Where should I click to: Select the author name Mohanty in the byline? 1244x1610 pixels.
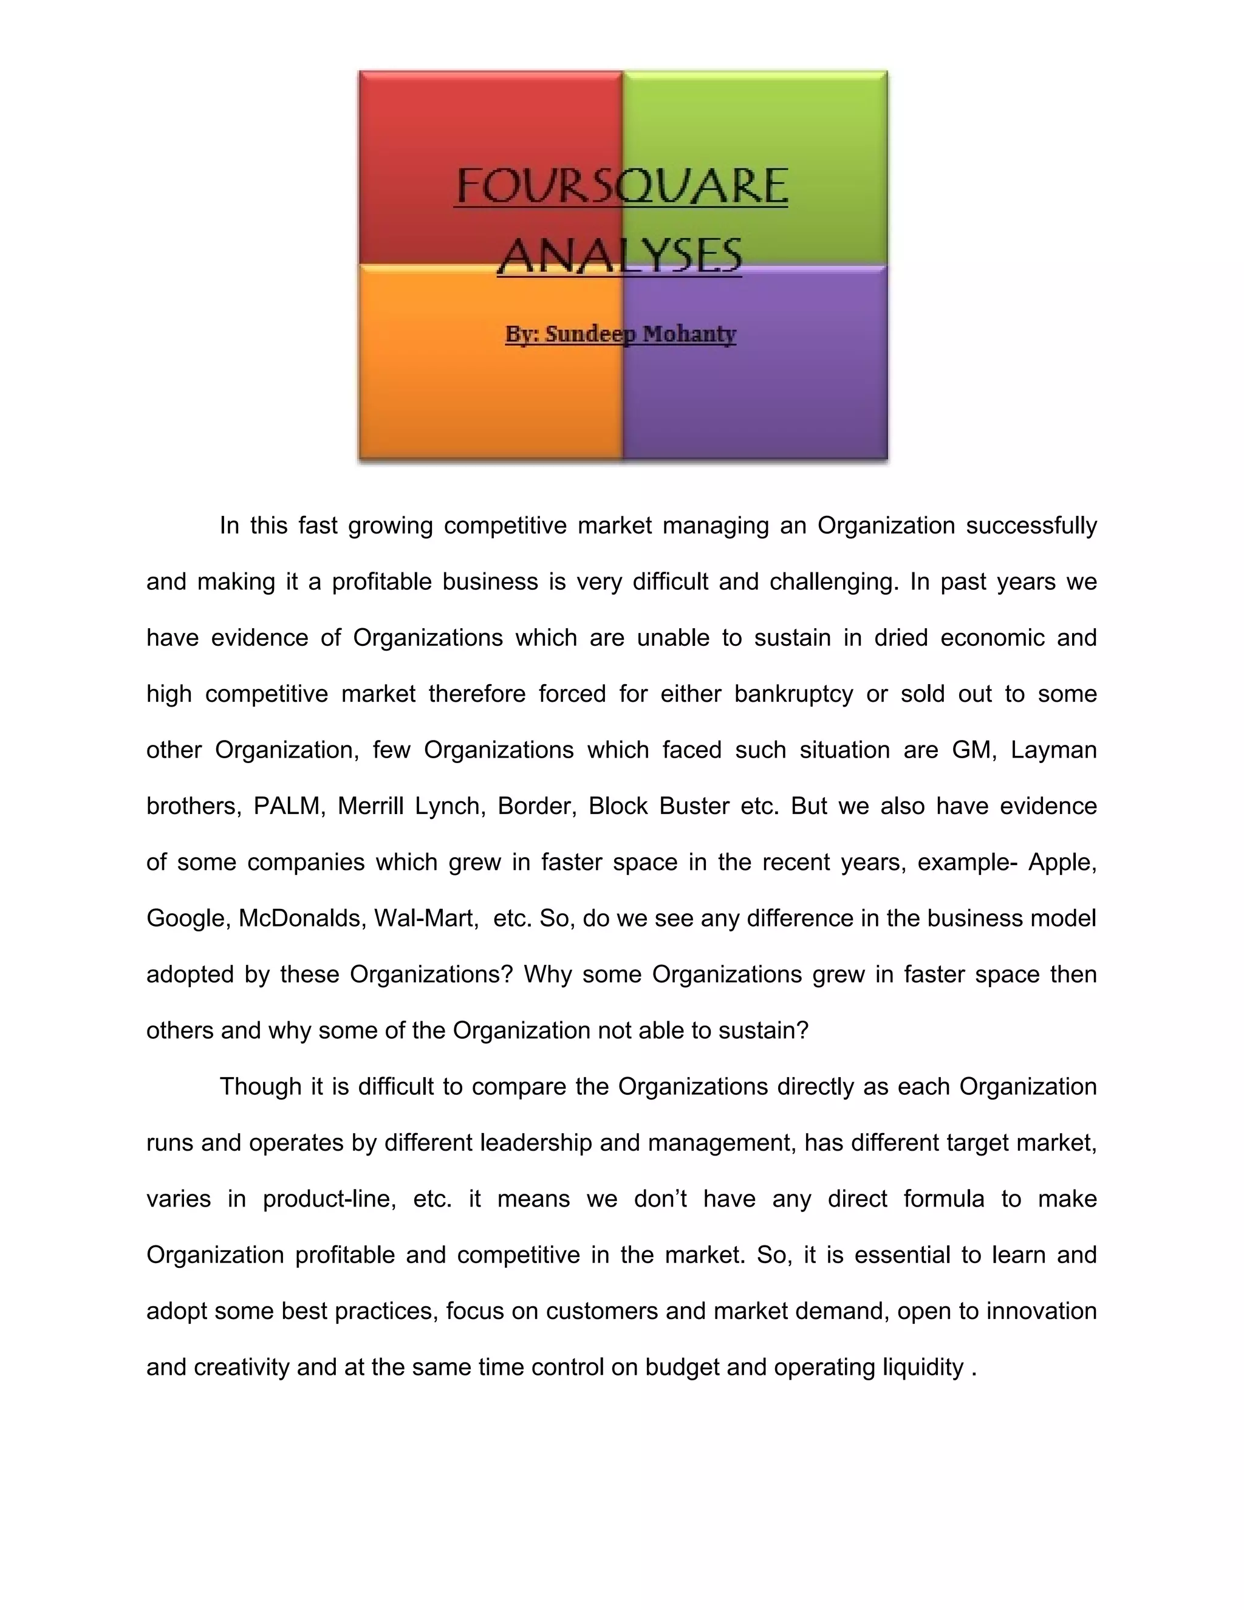click(x=689, y=334)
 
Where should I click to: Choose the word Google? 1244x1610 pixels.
click(x=188, y=919)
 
